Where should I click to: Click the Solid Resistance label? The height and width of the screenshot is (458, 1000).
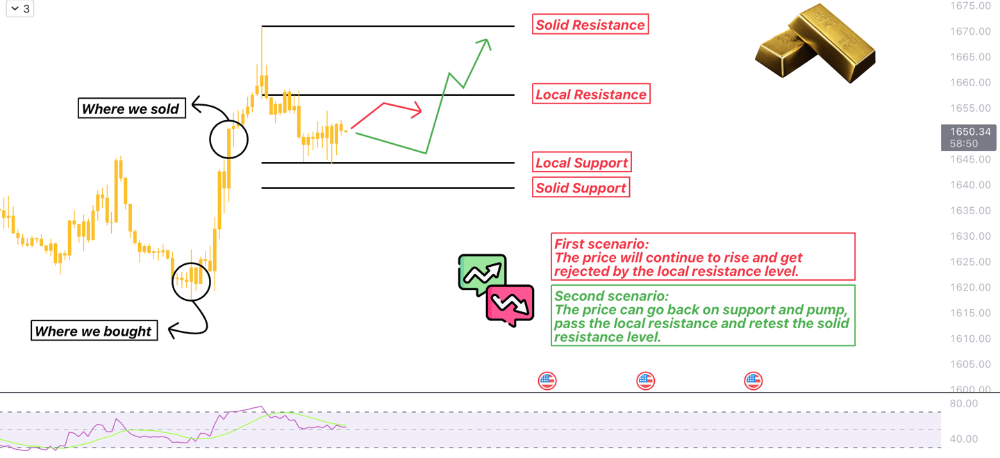(x=590, y=25)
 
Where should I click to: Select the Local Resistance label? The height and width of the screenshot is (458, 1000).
(x=591, y=94)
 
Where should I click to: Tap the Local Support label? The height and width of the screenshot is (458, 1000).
(x=582, y=163)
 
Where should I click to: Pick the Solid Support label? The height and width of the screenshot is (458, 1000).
(x=581, y=188)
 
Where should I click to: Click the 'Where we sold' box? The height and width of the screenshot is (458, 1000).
(x=131, y=108)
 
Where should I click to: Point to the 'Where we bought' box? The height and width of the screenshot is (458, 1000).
(x=94, y=331)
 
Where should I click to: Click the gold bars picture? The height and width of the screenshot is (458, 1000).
(x=817, y=43)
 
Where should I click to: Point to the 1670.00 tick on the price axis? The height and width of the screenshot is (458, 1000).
(x=970, y=31)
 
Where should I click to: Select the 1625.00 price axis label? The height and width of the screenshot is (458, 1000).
(x=970, y=262)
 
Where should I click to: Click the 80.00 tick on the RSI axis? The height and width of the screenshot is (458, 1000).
(x=963, y=404)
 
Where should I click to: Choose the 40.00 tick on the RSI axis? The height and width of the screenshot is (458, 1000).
(x=963, y=439)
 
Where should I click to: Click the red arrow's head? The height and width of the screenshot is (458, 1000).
(x=417, y=111)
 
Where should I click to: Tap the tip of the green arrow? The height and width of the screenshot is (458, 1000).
(x=487, y=41)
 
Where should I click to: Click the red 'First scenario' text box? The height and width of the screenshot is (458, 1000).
(x=703, y=256)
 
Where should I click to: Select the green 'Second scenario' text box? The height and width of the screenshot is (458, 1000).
(x=703, y=316)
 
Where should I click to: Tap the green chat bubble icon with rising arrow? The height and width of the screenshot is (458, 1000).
(x=481, y=273)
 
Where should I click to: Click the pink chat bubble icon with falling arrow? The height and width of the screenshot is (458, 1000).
(x=510, y=304)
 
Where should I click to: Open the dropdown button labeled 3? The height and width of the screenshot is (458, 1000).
(x=20, y=9)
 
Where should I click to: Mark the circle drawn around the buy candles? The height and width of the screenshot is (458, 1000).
(x=191, y=281)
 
